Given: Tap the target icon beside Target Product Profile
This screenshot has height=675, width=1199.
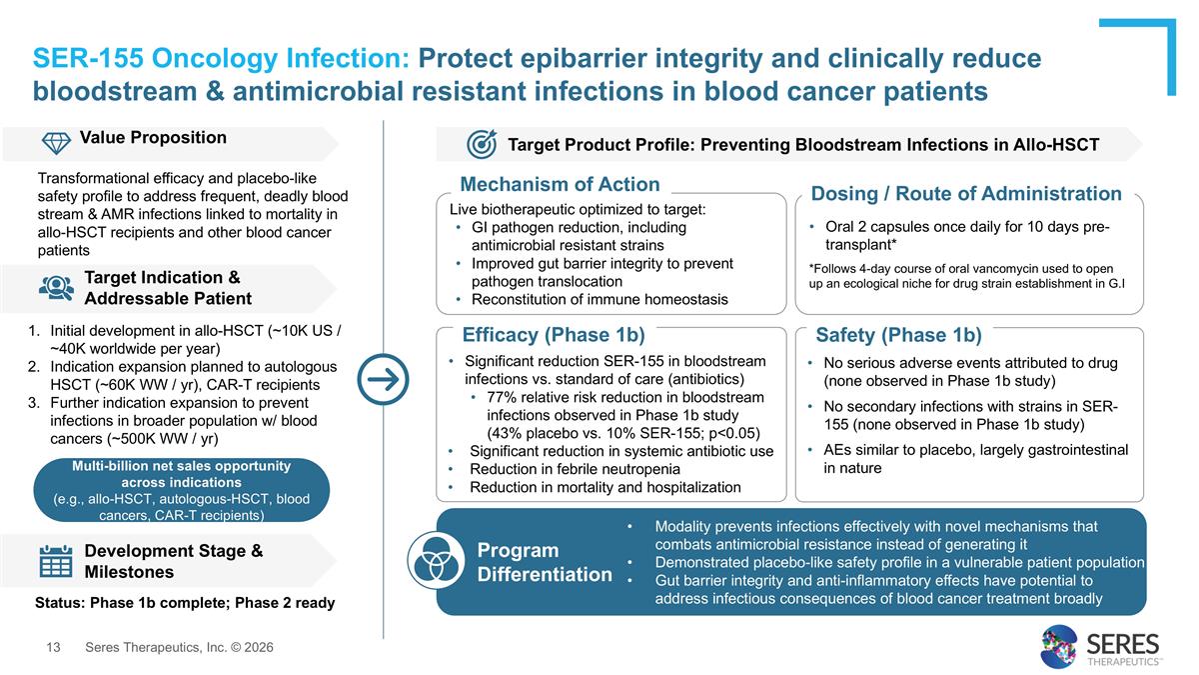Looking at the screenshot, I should point(482,144).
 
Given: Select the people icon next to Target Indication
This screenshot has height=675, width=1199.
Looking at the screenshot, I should point(56,287).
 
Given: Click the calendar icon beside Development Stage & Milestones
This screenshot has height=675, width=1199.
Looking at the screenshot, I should point(55,561).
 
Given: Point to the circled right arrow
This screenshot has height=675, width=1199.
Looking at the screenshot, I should point(383,380).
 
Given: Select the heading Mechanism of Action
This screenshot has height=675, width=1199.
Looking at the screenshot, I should point(560,184).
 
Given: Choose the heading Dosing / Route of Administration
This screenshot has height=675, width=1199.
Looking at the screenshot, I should point(965,193).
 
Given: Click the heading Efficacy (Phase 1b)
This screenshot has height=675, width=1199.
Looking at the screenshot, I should point(554,335).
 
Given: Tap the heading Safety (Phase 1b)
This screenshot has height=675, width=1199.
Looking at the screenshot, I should point(898,335).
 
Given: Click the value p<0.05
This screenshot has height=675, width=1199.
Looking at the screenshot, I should point(733,433).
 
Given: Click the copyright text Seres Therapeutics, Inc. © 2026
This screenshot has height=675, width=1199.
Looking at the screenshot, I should point(179,648).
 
